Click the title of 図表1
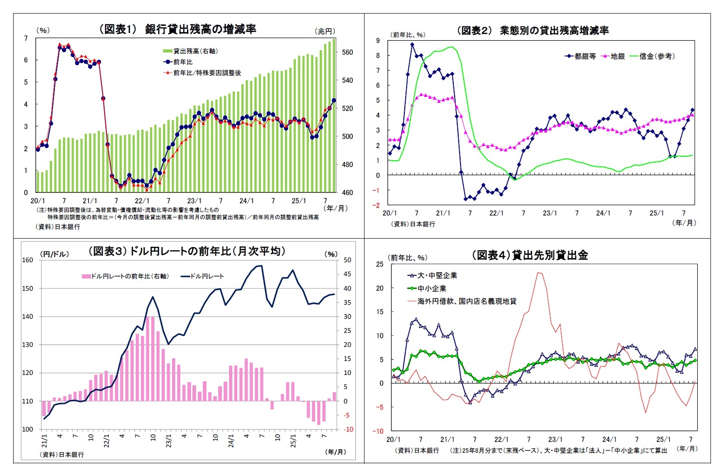click(177, 29)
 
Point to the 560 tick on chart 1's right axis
click(347, 53)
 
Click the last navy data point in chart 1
click(334, 101)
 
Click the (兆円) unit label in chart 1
click(325, 31)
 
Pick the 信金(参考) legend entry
click(657, 56)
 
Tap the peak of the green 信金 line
click(451, 47)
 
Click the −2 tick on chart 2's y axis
click(377, 205)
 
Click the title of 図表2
click(532, 30)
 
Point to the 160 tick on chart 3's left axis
click(28, 260)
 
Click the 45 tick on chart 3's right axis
click(347, 274)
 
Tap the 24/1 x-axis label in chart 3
click(231, 441)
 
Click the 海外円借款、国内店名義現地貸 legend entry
click(466, 301)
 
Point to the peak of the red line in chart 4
click(539, 273)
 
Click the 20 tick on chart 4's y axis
click(379, 288)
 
